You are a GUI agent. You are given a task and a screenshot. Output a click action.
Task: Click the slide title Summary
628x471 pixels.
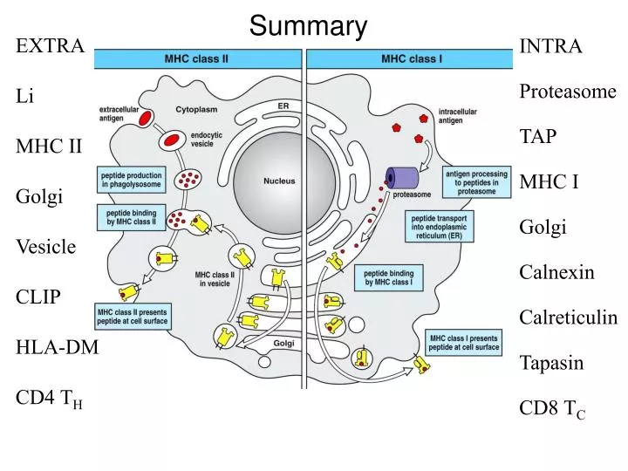coord(308,25)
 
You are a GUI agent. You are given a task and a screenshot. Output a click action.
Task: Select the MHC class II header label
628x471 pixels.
coord(197,60)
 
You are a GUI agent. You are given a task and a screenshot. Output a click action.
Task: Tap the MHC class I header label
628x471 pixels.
coord(412,60)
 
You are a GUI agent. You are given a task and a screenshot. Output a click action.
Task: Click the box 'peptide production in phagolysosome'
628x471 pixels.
coord(132,180)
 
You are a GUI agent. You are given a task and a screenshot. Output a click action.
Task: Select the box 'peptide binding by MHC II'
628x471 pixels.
coord(132,216)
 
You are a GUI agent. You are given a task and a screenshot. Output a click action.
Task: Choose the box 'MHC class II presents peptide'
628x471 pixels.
coord(132,316)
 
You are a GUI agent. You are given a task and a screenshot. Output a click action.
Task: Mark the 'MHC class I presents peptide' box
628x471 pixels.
coord(463,340)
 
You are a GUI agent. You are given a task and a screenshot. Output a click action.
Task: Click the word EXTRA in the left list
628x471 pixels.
coord(51,46)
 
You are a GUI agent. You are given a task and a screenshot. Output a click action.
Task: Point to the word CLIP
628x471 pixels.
coord(38,297)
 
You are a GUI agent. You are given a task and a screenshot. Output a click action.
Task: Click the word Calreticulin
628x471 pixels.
coord(568,317)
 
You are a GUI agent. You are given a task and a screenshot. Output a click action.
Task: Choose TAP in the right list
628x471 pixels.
coord(538,137)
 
